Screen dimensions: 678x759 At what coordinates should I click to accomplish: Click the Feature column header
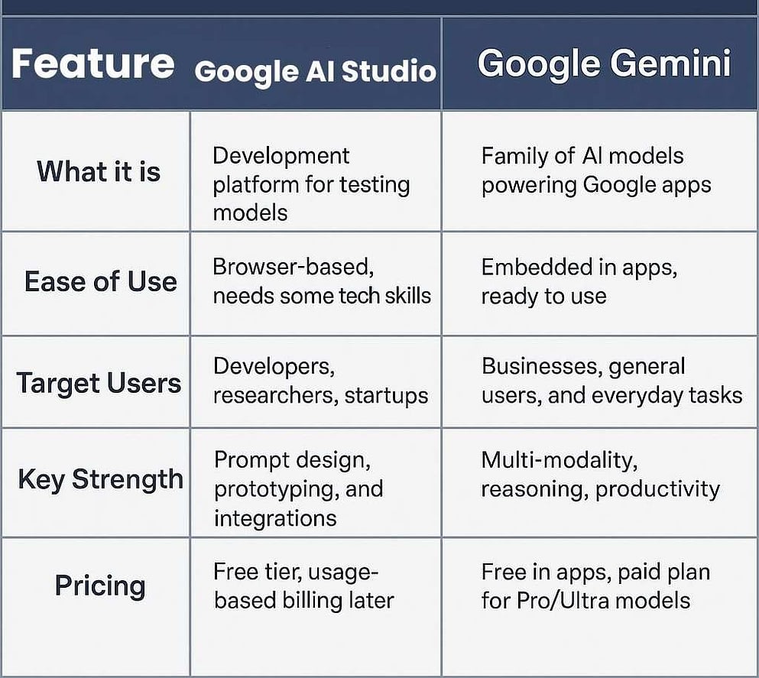(92, 63)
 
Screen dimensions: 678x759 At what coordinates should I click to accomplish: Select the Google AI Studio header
(315, 71)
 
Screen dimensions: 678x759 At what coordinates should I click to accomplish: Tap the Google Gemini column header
(604, 63)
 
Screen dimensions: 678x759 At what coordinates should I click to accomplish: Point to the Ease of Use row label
(100, 281)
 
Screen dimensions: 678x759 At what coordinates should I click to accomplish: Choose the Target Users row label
(99, 382)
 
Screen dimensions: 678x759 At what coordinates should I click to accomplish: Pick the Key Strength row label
(100, 479)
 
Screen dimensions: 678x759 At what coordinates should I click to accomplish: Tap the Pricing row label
(99, 586)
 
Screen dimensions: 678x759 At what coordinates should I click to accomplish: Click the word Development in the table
(281, 156)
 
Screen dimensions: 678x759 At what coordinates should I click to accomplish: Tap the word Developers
(273, 366)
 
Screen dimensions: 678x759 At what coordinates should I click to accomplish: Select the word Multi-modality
(559, 460)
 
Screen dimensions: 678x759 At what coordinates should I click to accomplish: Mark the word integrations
(275, 518)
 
